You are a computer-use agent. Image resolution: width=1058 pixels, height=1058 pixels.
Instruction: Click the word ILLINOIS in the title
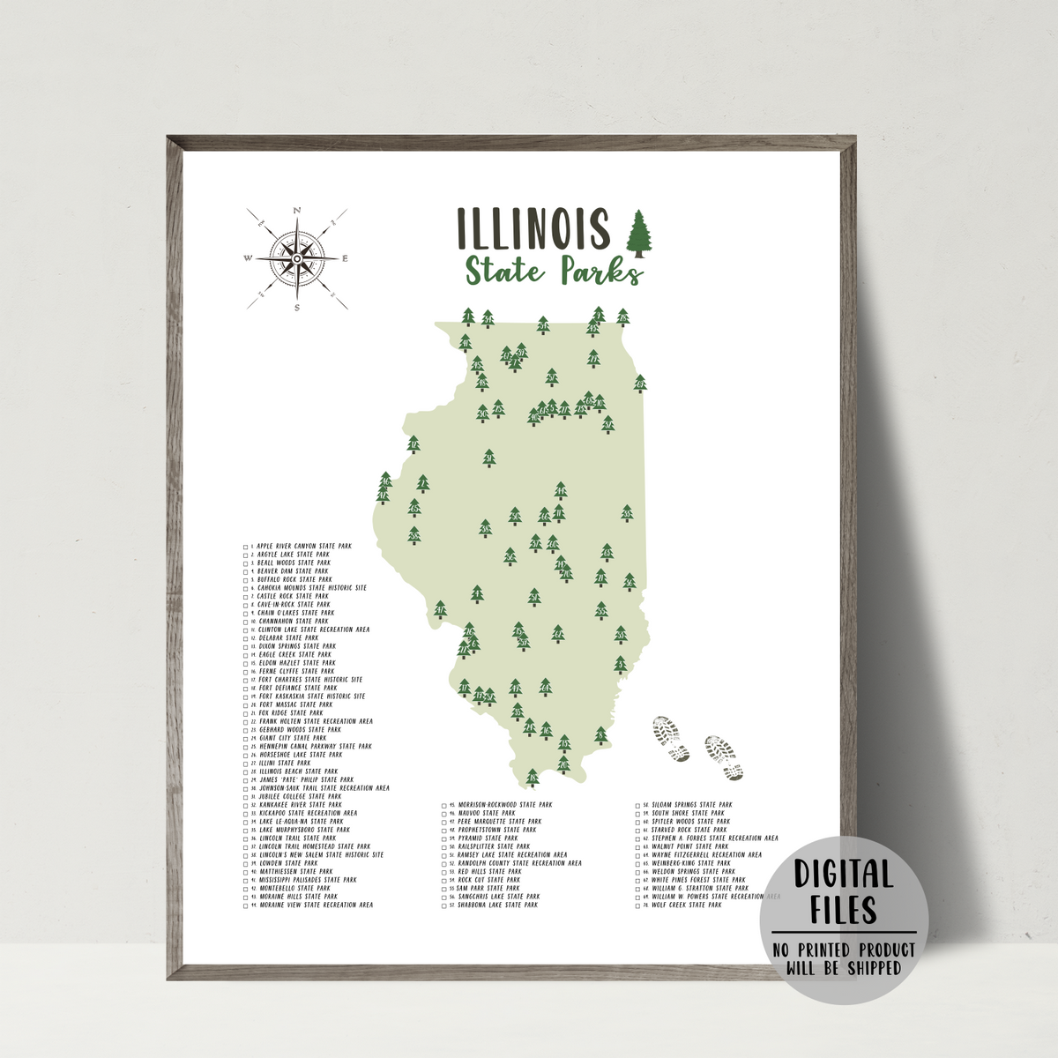tap(533, 228)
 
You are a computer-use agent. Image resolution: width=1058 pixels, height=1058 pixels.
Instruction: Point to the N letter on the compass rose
tap(297, 210)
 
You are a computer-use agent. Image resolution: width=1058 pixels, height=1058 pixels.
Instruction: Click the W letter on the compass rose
tap(248, 258)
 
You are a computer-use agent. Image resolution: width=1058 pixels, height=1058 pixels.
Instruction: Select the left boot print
tap(670, 739)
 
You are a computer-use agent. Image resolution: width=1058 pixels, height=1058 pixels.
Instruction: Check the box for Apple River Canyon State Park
tap(246, 547)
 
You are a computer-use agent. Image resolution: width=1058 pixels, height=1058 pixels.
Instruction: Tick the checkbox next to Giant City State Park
tap(246, 739)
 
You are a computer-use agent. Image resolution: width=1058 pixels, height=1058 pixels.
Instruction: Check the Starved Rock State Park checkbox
tap(637, 831)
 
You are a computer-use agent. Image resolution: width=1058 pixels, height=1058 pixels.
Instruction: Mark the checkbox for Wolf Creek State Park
tap(637, 905)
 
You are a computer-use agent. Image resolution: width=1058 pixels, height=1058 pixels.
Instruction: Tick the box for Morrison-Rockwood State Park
tap(443, 806)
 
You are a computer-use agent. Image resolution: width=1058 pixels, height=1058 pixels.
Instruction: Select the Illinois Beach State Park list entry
tap(298, 771)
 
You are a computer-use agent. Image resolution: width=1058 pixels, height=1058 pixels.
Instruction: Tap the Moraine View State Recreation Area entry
tap(316, 905)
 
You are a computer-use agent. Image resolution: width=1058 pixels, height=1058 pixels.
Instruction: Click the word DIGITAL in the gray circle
tap(845, 875)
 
